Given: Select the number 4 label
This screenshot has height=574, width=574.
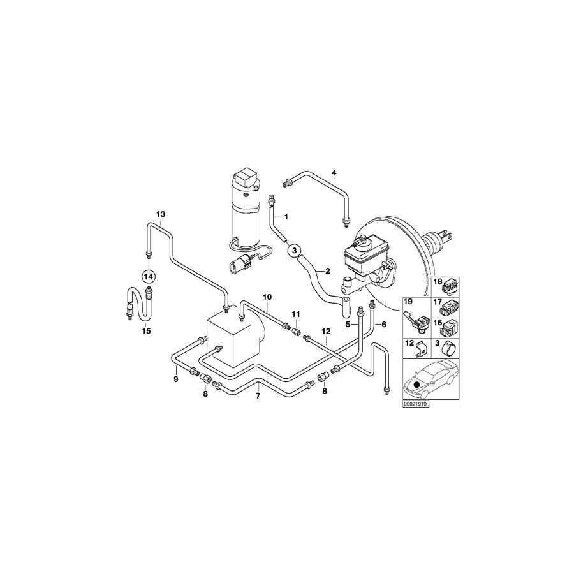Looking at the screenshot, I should click(x=334, y=173).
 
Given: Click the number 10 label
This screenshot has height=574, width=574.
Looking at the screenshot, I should click(x=267, y=297).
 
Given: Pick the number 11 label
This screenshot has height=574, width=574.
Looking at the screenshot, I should click(x=295, y=314).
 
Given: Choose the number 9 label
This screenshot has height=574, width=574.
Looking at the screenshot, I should click(x=176, y=380).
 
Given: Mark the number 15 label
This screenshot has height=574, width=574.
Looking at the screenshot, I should click(x=146, y=331).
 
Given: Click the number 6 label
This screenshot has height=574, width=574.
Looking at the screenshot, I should click(x=384, y=324).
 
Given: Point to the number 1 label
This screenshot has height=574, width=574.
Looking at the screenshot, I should click(x=286, y=217).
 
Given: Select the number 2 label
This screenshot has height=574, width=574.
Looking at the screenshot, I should click(x=327, y=271).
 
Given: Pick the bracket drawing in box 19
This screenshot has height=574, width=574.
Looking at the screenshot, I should click(x=416, y=319).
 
